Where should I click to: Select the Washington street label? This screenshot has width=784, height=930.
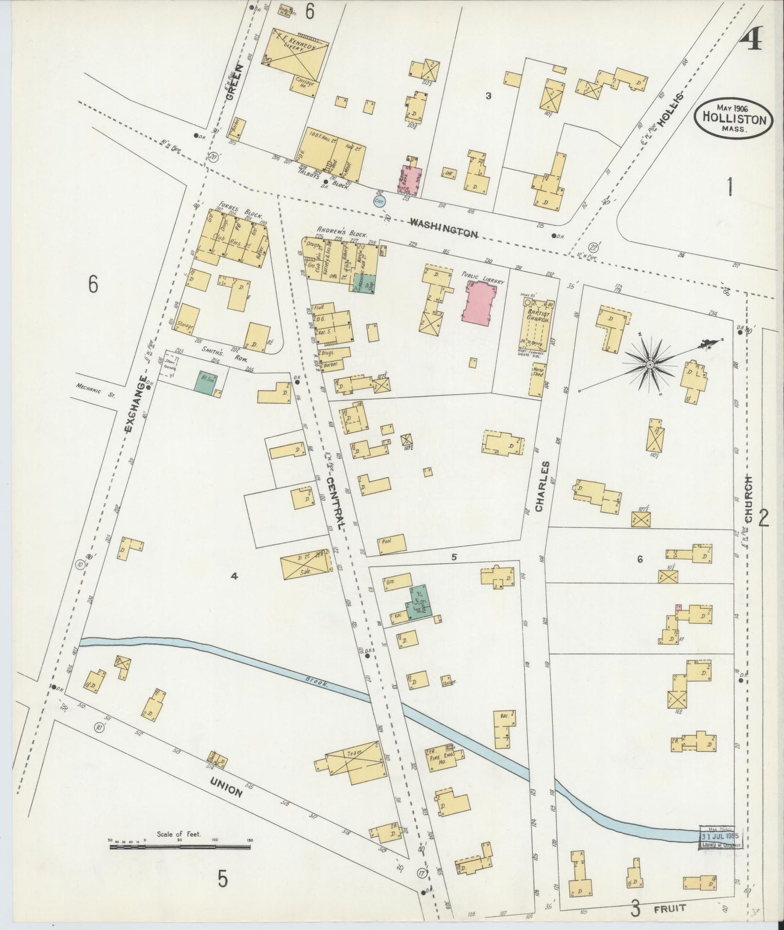[443, 227]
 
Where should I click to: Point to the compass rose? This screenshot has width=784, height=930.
[649, 364]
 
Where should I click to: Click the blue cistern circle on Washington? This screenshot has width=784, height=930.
[380, 201]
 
